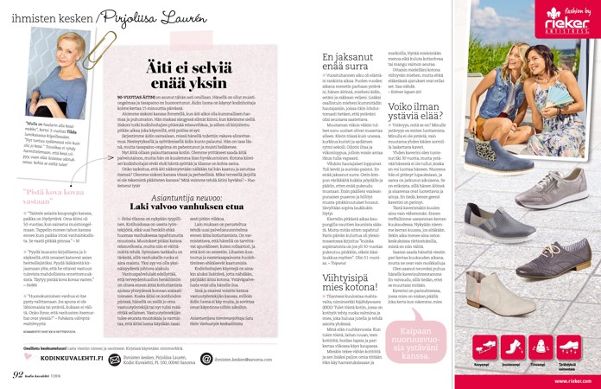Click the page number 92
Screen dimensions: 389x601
(17, 374)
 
